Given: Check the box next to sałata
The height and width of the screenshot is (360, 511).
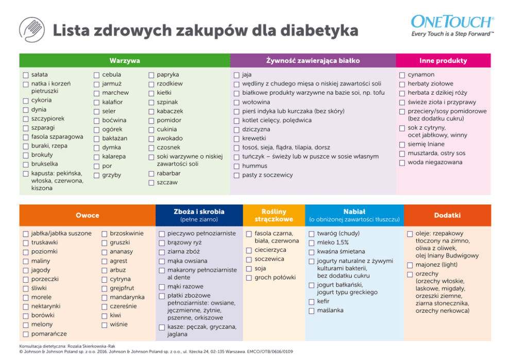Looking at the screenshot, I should pyautogui.click(x=25, y=75).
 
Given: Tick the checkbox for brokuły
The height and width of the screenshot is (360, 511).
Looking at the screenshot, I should pyautogui.click(x=25, y=156).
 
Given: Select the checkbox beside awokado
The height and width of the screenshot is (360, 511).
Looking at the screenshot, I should pyautogui.click(x=151, y=139).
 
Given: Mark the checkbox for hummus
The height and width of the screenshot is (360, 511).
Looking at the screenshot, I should pyautogui.click(x=236, y=166).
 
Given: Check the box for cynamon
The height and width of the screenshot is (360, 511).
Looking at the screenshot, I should pyautogui.click(x=402, y=75).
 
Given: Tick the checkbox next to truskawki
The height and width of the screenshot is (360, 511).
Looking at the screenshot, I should pyautogui.click(x=25, y=243).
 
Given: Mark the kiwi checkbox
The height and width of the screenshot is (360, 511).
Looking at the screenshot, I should pyautogui.click(x=105, y=316).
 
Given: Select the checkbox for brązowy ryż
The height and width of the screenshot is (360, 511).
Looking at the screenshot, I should pyautogui.click(x=162, y=243).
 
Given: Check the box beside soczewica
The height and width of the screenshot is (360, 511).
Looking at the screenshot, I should pyautogui.click(x=249, y=260).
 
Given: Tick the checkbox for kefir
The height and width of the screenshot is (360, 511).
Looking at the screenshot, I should pyautogui.click(x=311, y=302).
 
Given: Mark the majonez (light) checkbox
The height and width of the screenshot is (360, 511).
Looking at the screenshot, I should pyautogui.click(x=410, y=265).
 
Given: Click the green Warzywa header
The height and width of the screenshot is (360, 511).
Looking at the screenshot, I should pyautogui.click(x=125, y=61).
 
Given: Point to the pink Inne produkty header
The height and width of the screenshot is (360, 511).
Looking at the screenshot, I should pyautogui.click(x=443, y=61).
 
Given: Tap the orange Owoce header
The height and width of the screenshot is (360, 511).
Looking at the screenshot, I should pyautogui.click(x=88, y=215).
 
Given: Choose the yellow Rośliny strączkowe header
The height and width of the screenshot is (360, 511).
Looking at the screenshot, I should pyautogui.click(x=274, y=215).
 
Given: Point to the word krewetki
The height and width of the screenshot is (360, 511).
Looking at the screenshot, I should pyautogui.click(x=254, y=139).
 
